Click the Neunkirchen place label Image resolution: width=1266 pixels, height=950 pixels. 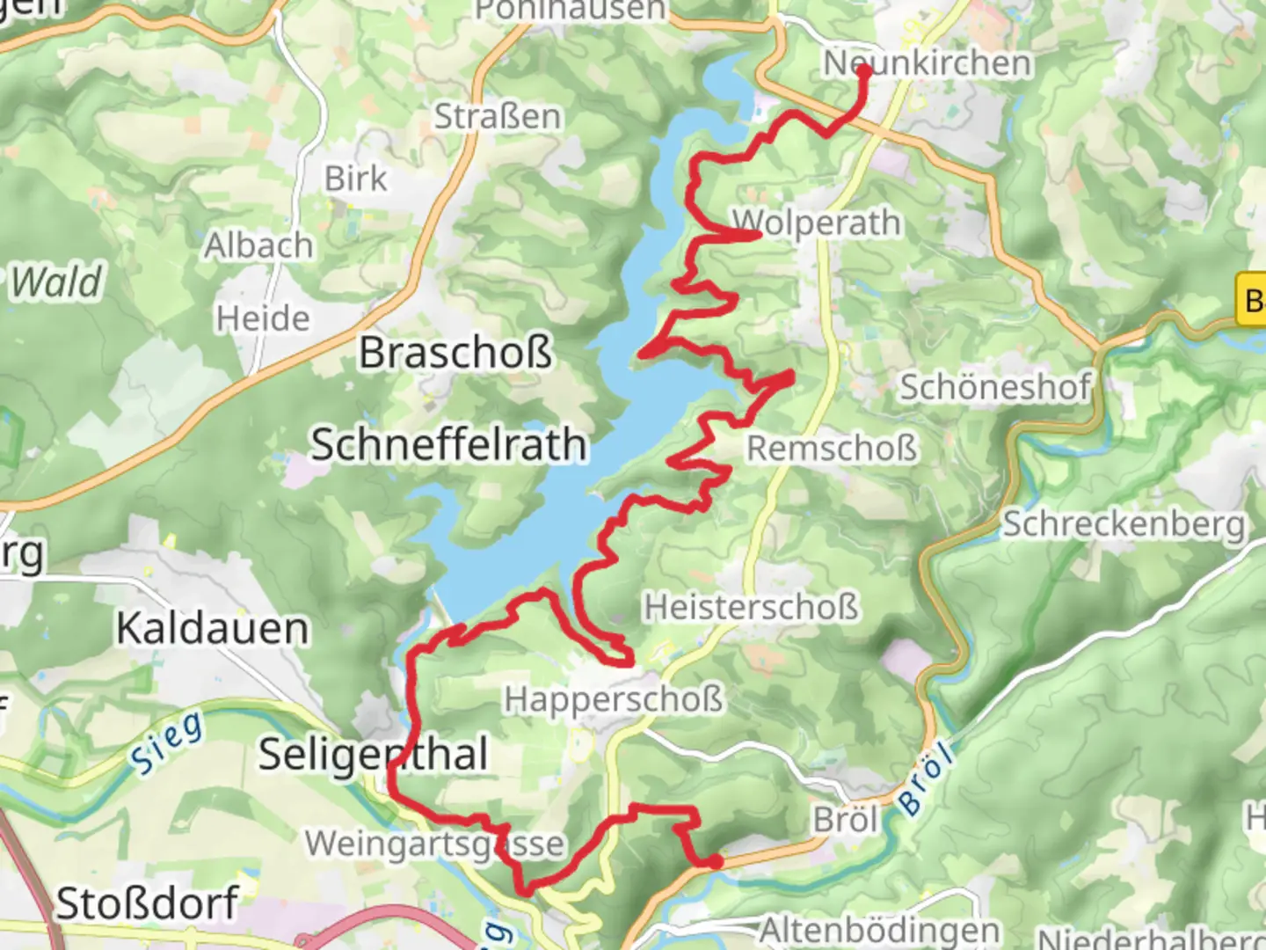(928, 63)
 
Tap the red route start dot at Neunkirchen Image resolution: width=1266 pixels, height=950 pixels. (863, 70)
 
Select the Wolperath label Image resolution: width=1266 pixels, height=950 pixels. (817, 223)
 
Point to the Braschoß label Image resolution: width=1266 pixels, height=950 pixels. (455, 353)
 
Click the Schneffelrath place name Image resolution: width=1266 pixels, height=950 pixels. (448, 444)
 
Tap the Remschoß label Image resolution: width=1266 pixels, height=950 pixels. (832, 448)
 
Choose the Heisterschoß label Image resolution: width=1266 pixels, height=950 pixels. (751, 607)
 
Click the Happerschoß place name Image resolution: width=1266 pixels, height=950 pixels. (614, 699)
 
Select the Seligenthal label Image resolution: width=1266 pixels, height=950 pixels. (373, 755)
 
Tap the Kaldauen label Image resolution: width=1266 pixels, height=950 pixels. (213, 629)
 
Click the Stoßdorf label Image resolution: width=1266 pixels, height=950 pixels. (147, 903)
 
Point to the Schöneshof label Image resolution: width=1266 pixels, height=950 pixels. (994, 386)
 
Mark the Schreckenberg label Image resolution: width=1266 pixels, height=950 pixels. (1124, 524)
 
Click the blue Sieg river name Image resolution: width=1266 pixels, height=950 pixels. (167, 743)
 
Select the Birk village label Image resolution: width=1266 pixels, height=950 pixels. (355, 179)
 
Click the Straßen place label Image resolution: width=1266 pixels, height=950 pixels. (498, 116)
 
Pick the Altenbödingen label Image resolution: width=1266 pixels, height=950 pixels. (879, 930)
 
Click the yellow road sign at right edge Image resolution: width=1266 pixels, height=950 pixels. (1252, 301)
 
